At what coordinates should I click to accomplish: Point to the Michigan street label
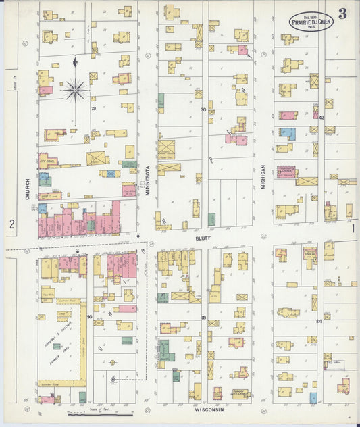pos(263,175)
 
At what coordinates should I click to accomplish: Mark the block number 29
pos(94,108)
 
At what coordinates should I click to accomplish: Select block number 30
pos(203,109)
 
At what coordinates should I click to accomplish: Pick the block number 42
pos(322,117)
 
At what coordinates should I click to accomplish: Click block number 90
pos(89,316)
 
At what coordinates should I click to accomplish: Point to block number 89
pos(203,317)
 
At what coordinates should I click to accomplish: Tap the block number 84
pos(319,321)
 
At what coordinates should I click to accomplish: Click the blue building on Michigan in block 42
pos(287,134)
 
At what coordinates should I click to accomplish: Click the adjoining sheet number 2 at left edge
pos(11,224)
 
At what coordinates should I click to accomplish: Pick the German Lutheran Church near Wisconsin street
pos(240,393)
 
